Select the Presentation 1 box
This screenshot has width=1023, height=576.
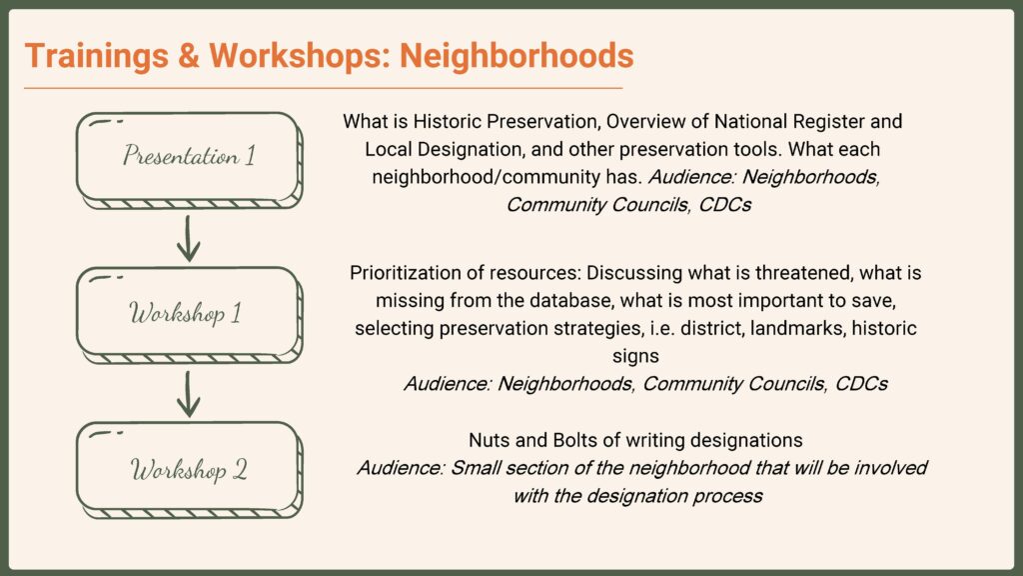coord(188,157)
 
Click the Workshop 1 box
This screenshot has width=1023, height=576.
coord(188,312)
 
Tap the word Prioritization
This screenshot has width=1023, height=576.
coord(405,272)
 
